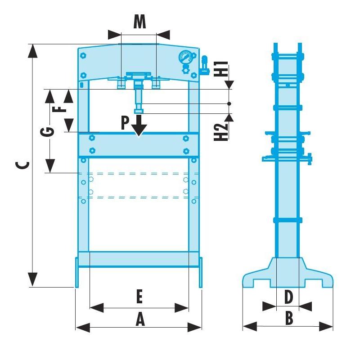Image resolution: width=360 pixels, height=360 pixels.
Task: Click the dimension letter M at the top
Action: tap(139, 22)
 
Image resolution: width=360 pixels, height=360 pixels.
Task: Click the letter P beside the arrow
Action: tap(126, 123)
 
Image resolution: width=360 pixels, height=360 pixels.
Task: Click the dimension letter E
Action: tap(139, 297)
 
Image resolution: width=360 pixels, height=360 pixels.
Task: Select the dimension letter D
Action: tap(288, 297)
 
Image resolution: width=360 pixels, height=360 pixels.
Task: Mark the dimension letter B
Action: tap(288, 318)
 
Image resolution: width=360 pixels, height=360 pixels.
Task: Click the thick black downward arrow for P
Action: tap(139, 126)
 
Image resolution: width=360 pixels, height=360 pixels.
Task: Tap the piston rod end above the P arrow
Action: tap(139, 111)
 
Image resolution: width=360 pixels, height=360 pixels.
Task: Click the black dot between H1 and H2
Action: tap(229, 104)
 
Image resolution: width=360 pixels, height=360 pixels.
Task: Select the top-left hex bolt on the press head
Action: tap(83, 56)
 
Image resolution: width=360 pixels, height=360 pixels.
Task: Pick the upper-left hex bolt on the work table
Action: tap(92, 138)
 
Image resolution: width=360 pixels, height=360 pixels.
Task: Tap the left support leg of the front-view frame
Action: tap(76, 272)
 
